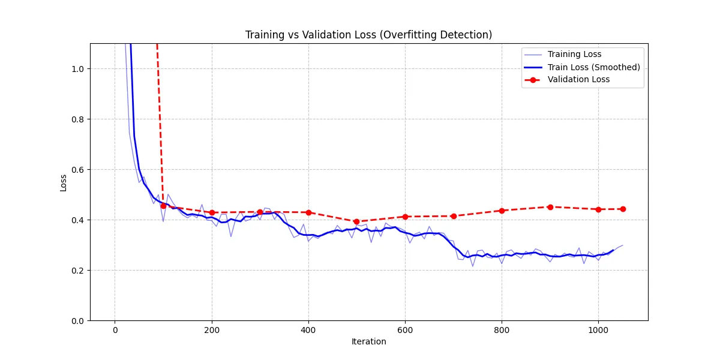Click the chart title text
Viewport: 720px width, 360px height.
pos(368,35)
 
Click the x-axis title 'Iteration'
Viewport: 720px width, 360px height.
pos(368,342)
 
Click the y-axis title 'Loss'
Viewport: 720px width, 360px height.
pos(64,182)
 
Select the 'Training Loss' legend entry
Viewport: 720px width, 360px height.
pos(574,55)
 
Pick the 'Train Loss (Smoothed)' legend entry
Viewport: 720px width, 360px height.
pos(593,67)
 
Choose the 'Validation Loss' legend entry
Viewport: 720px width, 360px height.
pos(578,80)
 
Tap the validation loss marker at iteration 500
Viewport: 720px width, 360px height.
pos(356,221)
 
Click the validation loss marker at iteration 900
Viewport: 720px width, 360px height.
pos(550,207)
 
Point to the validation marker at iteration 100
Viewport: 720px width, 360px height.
pos(163,206)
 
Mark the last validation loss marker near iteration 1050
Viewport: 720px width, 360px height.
pos(623,209)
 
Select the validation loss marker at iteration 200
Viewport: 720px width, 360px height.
pos(212,212)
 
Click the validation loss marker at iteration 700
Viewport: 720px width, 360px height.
pos(454,216)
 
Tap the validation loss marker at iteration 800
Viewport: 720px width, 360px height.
pos(502,211)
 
